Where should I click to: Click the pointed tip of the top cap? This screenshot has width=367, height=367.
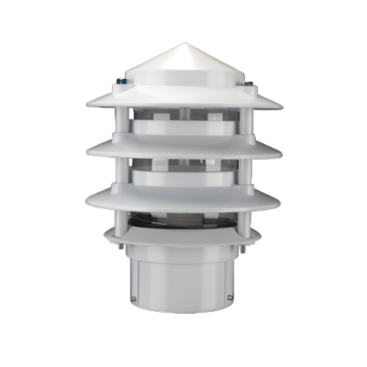click(x=183, y=42)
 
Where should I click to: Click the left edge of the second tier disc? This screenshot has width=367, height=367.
click(x=84, y=150)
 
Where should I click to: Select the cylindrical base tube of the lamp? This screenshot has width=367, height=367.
click(x=183, y=275)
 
